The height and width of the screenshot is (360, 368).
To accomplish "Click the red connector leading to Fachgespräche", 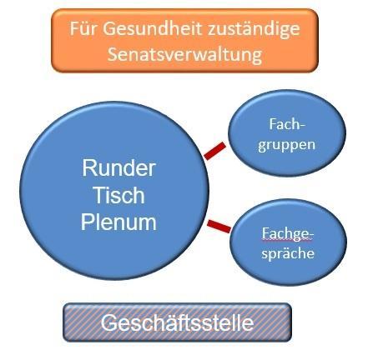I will point(219,224).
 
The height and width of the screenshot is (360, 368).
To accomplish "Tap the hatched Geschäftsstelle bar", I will point(177,322).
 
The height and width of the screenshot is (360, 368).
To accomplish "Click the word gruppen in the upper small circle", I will point(286,144).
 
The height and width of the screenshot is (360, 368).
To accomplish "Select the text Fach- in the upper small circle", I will point(286,122).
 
